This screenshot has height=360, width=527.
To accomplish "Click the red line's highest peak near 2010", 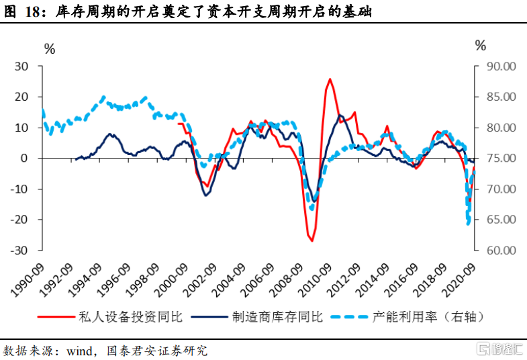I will point(330,79).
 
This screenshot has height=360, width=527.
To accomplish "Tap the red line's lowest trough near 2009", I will point(312,240).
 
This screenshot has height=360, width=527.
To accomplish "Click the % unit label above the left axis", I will point(49,48).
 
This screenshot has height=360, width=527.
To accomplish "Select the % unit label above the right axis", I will point(479,46).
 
